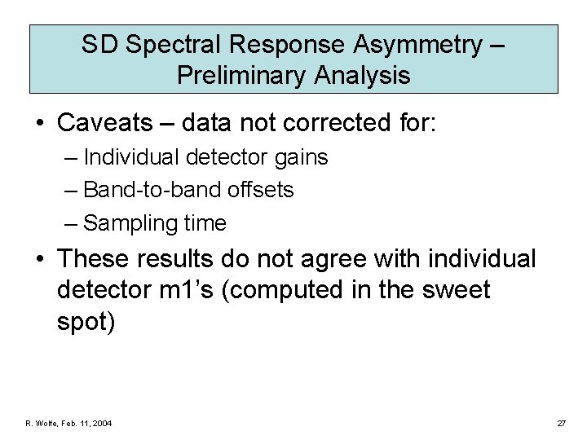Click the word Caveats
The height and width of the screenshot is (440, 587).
point(106,123)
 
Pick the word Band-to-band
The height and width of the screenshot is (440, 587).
point(143,190)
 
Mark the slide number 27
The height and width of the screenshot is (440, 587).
point(561,424)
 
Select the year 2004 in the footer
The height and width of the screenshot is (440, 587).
point(101,424)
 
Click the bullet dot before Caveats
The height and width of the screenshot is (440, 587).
point(39,124)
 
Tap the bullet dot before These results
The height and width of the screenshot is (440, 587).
point(39,261)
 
